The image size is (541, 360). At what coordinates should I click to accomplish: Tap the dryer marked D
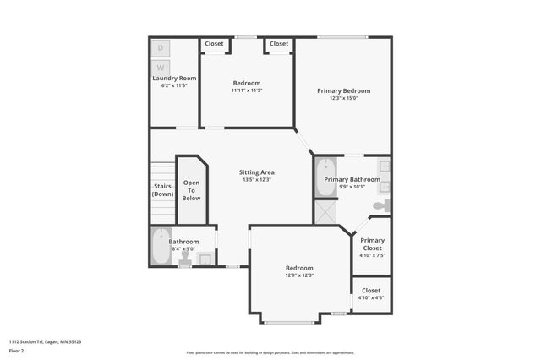point(161,48)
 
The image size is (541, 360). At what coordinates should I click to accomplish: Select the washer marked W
point(161,67)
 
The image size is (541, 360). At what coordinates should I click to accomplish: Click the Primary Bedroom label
point(343,90)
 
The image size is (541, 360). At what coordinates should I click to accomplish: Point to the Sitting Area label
point(256,172)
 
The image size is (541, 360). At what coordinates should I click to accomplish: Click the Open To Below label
point(192,190)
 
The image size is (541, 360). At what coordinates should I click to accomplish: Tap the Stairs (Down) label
point(162,190)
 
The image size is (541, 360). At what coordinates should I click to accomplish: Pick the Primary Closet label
point(372,244)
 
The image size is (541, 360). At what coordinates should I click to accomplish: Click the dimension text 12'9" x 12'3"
point(299,275)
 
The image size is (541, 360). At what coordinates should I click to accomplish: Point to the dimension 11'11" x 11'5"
point(247,90)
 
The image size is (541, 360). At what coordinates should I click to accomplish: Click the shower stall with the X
point(325,211)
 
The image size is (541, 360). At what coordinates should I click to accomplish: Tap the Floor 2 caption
point(16,350)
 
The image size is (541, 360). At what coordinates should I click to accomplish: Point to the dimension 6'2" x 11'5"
point(173,85)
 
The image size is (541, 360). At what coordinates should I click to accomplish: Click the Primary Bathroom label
point(352,179)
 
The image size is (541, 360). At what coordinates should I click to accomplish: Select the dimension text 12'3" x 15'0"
point(343,98)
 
